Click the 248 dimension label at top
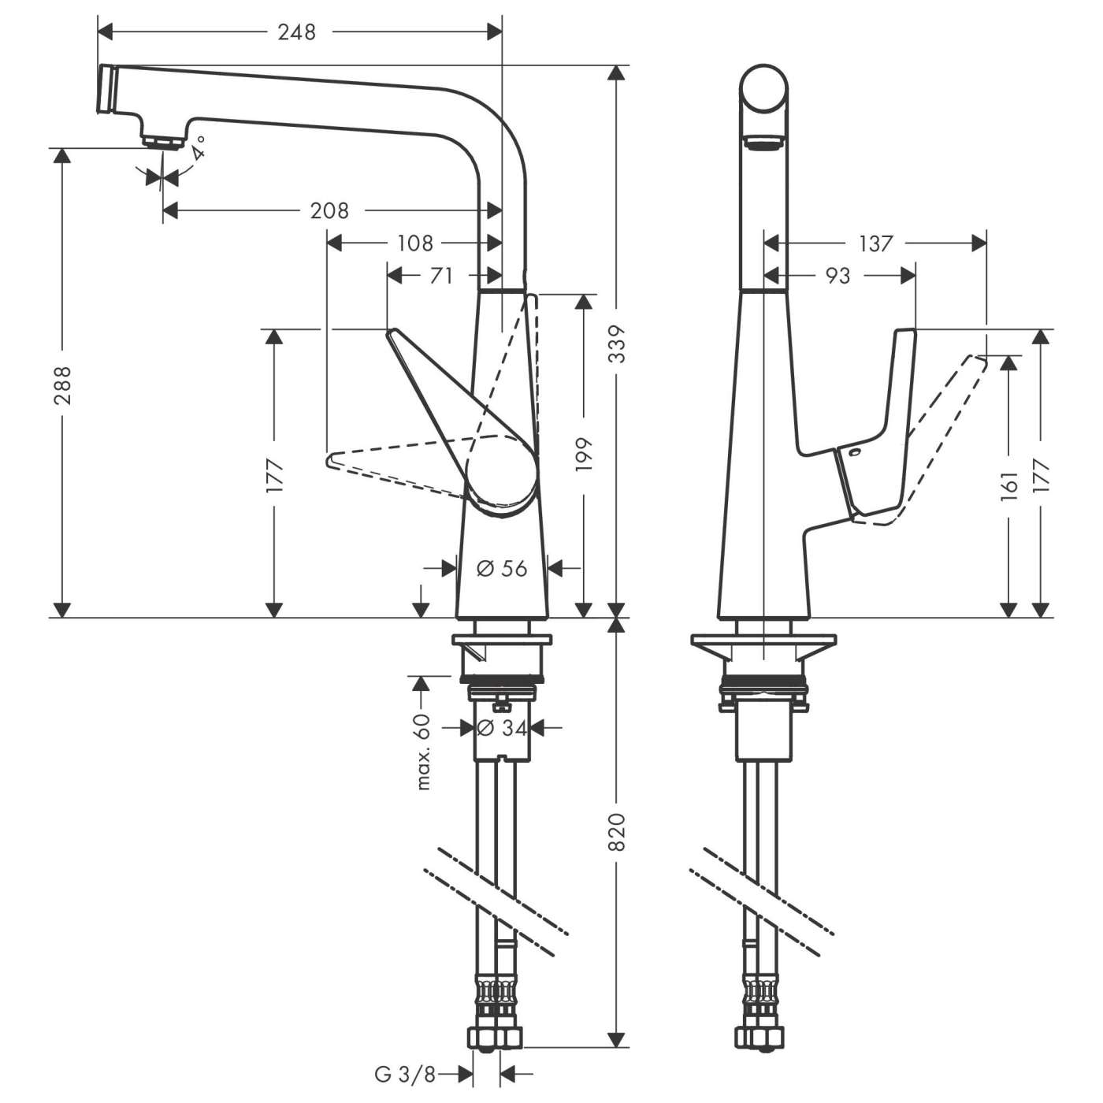(x=297, y=32)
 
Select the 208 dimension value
(x=329, y=210)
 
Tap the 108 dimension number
(x=414, y=243)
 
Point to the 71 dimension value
(x=442, y=276)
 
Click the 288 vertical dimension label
(x=62, y=384)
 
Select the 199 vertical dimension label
(x=584, y=455)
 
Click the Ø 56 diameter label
(x=502, y=567)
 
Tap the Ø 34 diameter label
(x=502, y=729)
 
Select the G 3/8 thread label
(x=405, y=1073)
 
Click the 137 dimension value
(x=875, y=243)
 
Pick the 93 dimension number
(x=837, y=276)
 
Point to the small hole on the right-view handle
(x=856, y=453)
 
